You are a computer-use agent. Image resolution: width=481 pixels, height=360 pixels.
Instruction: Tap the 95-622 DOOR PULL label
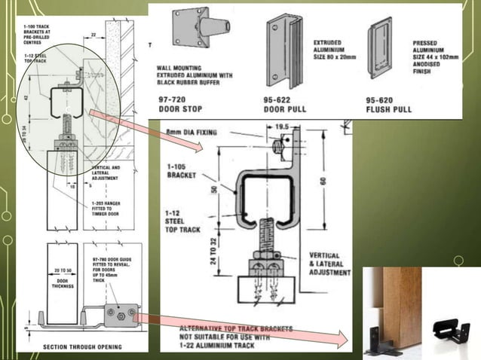click(x=282, y=104)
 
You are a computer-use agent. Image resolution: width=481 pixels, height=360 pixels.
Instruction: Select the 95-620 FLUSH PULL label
click(x=388, y=104)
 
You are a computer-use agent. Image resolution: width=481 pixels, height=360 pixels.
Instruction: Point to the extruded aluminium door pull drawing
click(x=282, y=49)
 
